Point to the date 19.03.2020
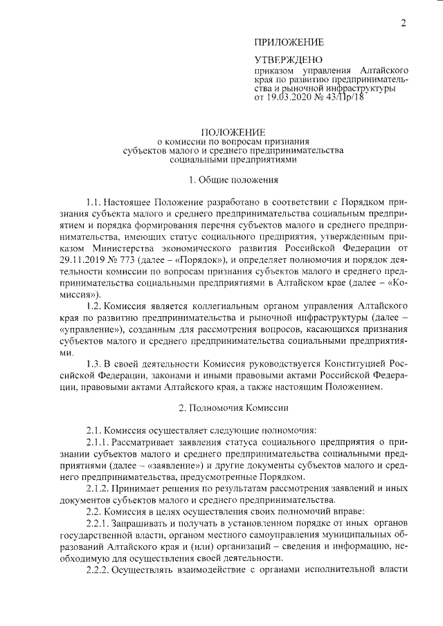(x=288, y=98)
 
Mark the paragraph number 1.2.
(x=95, y=306)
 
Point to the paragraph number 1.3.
(x=95, y=364)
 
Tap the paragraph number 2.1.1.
(x=99, y=443)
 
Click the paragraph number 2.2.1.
(x=99, y=524)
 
